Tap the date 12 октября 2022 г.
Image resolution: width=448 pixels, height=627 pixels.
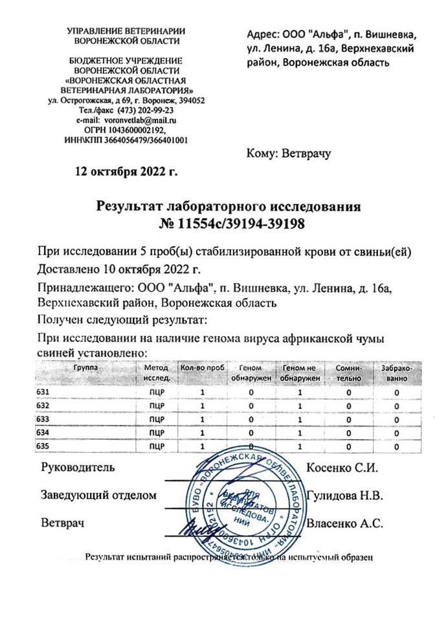(x=126, y=172)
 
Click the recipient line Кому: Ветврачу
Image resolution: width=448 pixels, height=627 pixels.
(x=289, y=154)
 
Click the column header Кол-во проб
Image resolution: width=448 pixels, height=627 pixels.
(x=202, y=367)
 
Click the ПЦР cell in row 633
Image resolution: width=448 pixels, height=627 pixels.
(x=157, y=419)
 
